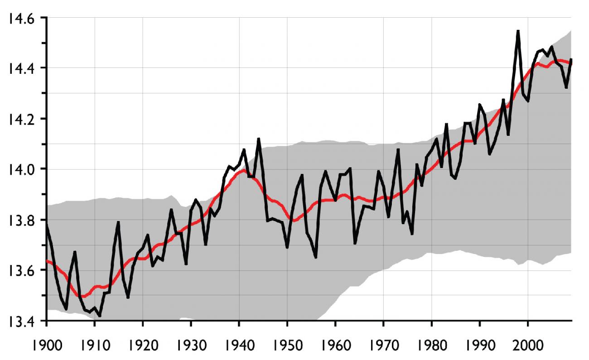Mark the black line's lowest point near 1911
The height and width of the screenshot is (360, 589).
(100, 316)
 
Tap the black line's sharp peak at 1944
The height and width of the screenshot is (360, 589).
(258, 139)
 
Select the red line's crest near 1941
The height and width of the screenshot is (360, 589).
(244, 170)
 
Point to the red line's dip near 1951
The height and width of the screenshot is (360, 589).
(294, 221)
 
